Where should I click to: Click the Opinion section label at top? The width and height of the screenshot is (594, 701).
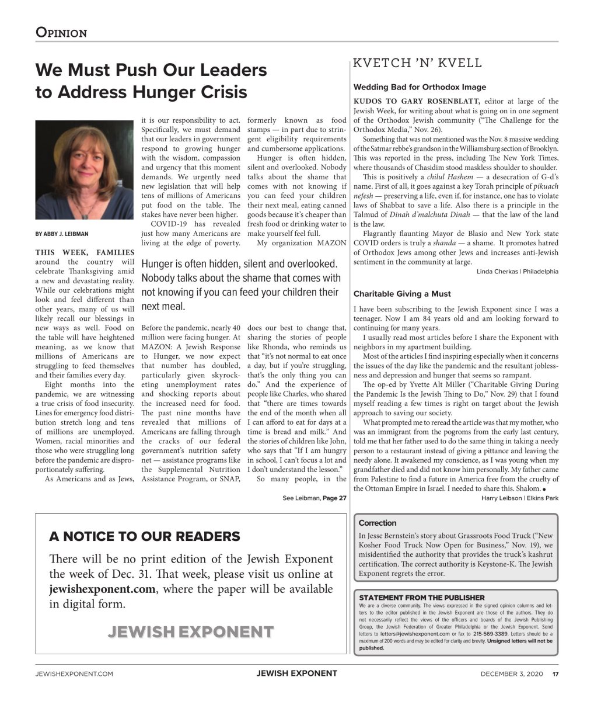[61, 33]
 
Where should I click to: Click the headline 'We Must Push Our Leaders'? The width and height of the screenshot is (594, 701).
[151, 71]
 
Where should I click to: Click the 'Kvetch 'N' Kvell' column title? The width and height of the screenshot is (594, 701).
[418, 63]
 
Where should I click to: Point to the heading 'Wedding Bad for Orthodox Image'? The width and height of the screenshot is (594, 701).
[420, 87]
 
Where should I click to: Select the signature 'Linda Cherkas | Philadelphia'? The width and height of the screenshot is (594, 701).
[517, 272]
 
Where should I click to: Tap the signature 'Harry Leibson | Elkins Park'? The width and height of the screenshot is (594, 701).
[519, 498]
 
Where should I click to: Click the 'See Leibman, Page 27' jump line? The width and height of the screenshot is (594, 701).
[310, 498]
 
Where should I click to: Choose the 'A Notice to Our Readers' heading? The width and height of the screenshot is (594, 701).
[145, 536]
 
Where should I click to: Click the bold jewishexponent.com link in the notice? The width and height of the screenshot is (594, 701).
[102, 589]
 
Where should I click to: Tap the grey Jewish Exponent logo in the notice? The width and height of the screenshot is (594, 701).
[190, 631]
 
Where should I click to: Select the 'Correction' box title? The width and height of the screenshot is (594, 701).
[378, 523]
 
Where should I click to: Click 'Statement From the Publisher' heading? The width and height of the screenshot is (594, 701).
[421, 598]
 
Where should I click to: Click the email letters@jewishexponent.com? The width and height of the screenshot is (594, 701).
[414, 633]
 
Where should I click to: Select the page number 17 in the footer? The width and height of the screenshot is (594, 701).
[555, 674]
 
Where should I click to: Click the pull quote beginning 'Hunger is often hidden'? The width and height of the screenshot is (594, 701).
[240, 284]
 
